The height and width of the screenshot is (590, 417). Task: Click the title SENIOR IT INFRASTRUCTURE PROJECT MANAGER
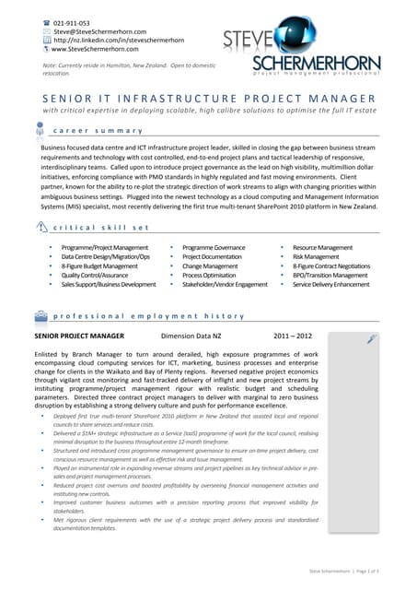209,99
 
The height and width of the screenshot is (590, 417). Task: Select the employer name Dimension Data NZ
190,336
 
